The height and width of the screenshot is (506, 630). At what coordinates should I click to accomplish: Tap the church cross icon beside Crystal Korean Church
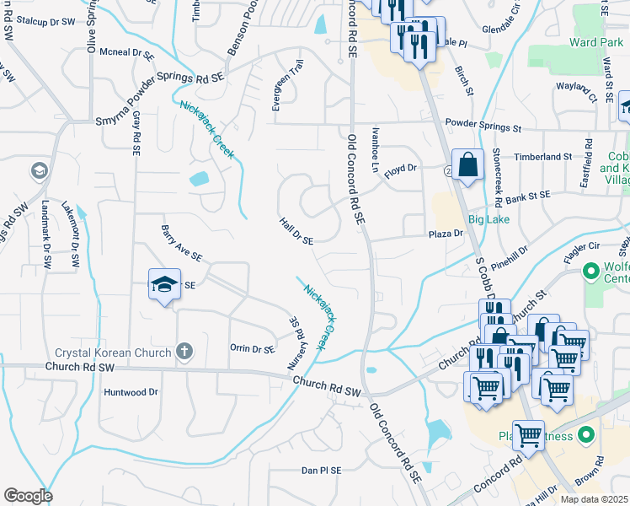pos(185,351)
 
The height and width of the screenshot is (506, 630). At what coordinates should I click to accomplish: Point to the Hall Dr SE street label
pos(296,229)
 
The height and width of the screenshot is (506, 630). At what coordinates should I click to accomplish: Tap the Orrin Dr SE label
pos(252,348)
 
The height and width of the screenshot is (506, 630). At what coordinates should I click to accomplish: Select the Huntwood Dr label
pos(130,392)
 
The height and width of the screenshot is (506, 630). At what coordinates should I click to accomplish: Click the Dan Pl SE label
pos(321,471)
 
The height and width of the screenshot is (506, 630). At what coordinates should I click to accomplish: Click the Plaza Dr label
pos(446,234)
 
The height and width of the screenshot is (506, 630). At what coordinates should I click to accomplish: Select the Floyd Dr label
pos(401,169)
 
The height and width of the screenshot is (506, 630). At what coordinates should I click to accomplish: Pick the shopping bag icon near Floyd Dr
pos(467,164)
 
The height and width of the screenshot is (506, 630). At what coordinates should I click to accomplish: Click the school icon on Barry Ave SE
pos(165,284)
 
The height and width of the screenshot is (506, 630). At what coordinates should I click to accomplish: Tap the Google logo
pos(28,496)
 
